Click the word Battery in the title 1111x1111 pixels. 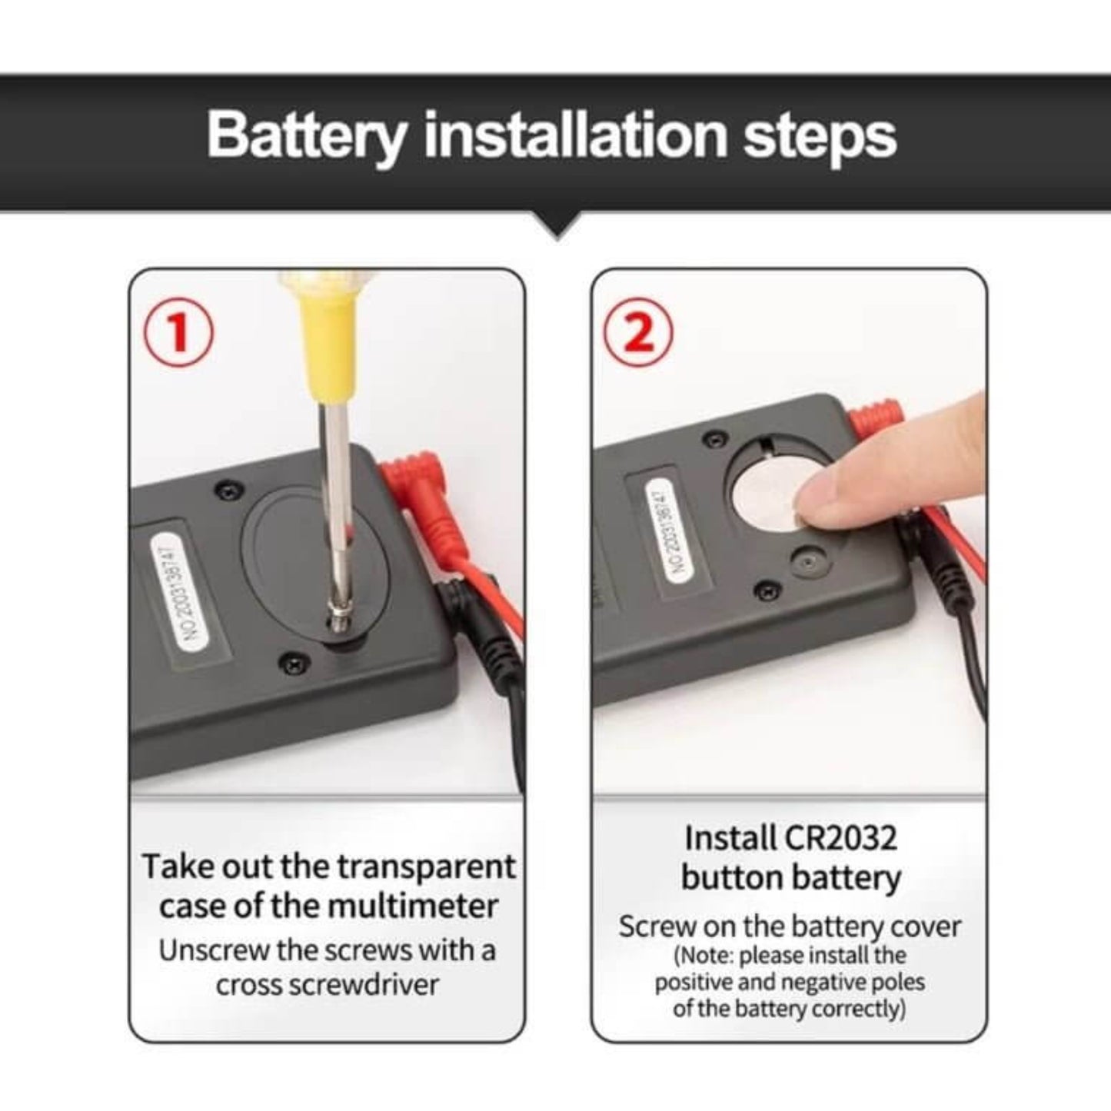[x=306, y=135]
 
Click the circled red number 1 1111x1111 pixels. [x=178, y=334]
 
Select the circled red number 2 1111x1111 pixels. [x=638, y=333]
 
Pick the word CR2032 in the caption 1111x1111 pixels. [x=842, y=837]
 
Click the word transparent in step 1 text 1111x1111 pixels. [x=427, y=867]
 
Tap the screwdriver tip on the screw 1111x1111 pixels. [x=335, y=624]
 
